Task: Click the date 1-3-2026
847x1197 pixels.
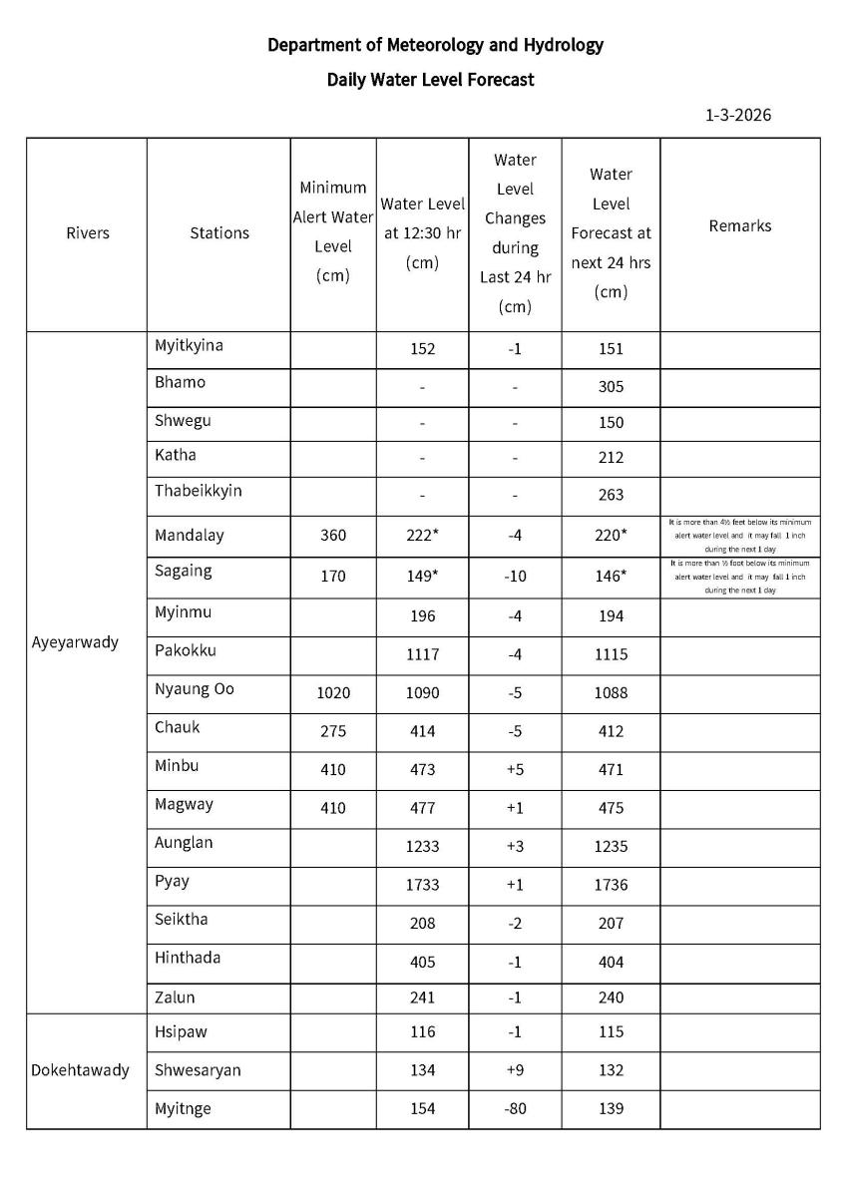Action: pos(737,115)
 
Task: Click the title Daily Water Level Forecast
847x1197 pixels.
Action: pos(430,80)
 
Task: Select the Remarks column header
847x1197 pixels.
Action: pos(739,225)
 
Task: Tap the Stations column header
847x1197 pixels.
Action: pos(218,232)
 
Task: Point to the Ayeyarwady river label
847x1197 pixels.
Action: pos(75,641)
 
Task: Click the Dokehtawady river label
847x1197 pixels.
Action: pos(80,1070)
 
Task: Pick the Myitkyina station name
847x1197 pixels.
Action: pos(189,345)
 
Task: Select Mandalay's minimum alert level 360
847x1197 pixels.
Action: pos(333,535)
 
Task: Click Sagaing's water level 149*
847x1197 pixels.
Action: pos(424,572)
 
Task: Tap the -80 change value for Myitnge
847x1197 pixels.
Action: pos(515,1108)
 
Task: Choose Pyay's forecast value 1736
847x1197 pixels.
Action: pos(611,885)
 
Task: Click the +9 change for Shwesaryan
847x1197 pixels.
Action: pos(515,1070)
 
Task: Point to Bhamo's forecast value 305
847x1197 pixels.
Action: pos(611,387)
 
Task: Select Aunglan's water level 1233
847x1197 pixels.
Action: pos(422,846)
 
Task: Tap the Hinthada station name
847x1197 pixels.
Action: pos(188,958)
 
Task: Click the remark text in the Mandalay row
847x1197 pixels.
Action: pos(739,536)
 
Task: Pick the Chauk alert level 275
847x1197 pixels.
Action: pos(333,731)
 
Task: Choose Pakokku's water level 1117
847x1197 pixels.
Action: pos(422,654)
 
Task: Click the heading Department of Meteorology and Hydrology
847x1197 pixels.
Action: pos(435,45)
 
